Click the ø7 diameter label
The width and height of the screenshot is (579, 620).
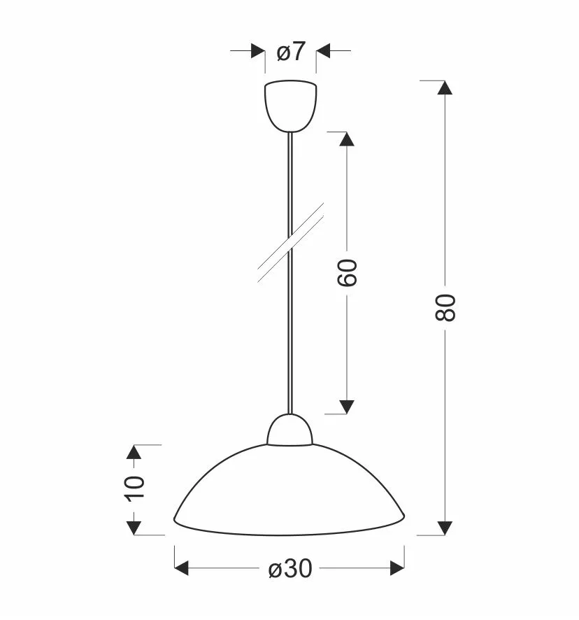(x=292, y=51)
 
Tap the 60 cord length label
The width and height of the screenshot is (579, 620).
(x=347, y=272)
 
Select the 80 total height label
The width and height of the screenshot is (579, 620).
(x=445, y=307)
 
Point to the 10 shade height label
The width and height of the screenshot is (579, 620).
(x=134, y=488)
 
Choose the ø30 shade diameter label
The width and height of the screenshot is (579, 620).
(x=290, y=568)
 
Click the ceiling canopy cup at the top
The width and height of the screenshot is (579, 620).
(x=290, y=106)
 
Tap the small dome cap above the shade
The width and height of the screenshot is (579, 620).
(x=289, y=430)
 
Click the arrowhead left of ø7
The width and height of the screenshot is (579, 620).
(x=258, y=50)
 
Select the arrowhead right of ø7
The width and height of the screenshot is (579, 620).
(x=323, y=50)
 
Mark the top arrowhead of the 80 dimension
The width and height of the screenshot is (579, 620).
(x=445, y=87)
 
